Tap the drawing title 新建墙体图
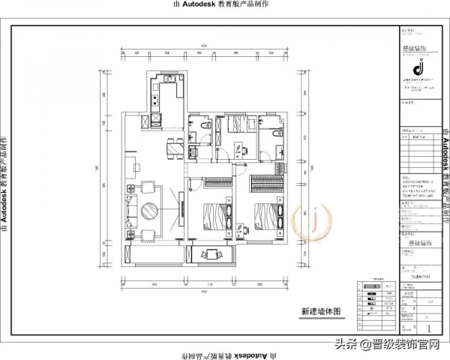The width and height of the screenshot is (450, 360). (320, 310)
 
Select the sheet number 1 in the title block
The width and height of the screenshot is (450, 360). (428, 328)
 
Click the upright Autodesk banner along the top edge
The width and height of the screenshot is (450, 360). (222, 5)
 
